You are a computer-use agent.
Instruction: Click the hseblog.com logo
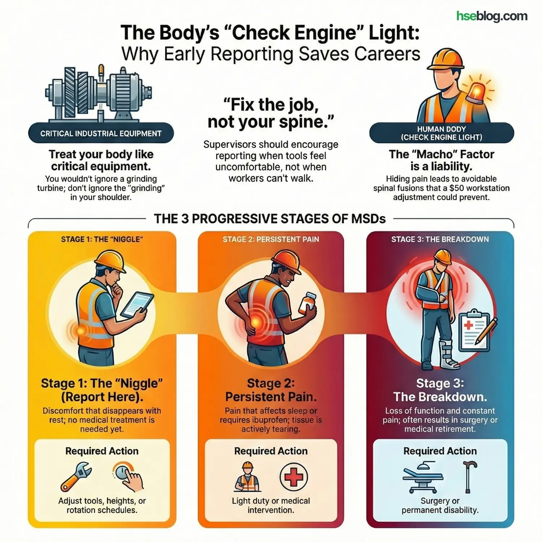click(492, 16)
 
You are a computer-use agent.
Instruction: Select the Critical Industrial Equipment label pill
click(101, 133)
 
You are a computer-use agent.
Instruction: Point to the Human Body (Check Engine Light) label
click(442, 133)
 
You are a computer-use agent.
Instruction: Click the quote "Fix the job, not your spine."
click(271, 113)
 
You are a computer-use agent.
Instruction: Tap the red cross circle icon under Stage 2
click(294, 477)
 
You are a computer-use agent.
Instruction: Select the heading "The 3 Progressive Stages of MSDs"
click(270, 219)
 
